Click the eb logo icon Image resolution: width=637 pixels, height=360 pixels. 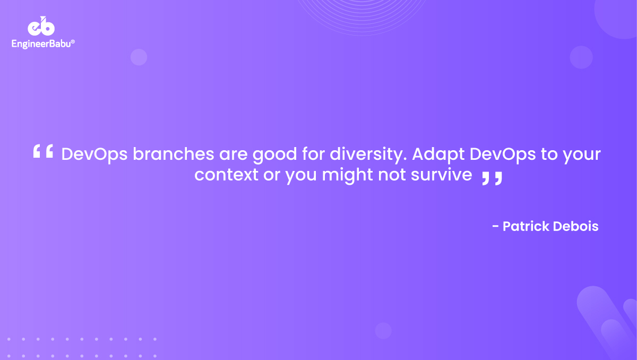(41, 26)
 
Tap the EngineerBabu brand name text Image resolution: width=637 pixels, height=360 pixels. (41, 44)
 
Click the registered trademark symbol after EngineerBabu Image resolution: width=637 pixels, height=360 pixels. (73, 41)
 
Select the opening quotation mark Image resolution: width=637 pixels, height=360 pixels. (43, 151)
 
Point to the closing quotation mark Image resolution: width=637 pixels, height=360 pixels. (492, 178)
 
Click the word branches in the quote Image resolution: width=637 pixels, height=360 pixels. (174, 154)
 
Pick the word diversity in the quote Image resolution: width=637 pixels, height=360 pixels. (368, 155)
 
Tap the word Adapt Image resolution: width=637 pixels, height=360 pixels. (438, 155)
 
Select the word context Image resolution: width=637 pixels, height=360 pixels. (226, 174)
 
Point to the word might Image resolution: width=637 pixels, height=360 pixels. (347, 175)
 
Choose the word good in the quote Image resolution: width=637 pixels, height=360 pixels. (275, 155)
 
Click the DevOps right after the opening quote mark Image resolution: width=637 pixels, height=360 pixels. (94, 155)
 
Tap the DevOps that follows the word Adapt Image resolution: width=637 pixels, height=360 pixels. (503, 155)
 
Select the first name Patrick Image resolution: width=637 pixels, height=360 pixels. (526, 226)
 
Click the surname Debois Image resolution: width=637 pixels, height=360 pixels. (576, 226)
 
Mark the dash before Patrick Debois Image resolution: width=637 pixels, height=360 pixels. (495, 227)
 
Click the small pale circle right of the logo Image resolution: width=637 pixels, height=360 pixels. (139, 57)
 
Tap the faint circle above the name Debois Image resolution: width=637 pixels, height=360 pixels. (581, 57)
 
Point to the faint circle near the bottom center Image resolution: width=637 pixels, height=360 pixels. (383, 331)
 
